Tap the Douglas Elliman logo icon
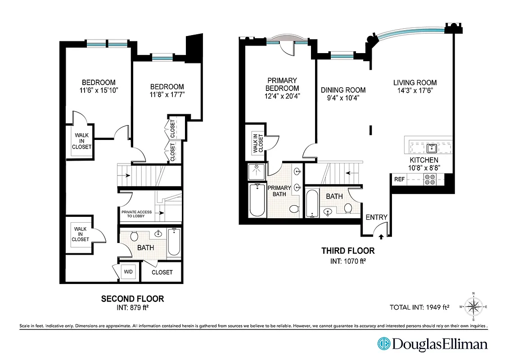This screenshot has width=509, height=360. [x=383, y=344]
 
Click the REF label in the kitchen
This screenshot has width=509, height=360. [x=399, y=179]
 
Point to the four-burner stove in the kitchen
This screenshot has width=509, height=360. [x=430, y=180]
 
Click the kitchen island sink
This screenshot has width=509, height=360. [x=432, y=147]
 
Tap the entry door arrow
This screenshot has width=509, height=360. [x=381, y=235]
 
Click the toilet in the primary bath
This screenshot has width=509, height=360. [x=294, y=209]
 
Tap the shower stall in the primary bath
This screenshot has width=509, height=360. [x=257, y=172]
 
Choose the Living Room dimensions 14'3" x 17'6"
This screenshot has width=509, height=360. [x=415, y=90]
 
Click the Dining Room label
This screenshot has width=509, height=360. [x=343, y=90]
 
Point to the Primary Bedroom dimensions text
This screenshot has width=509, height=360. [x=282, y=96]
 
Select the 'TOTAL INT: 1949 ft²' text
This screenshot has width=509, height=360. [x=419, y=308]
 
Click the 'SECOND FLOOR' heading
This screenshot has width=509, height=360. [x=132, y=298]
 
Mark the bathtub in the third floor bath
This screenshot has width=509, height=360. [x=312, y=203]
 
